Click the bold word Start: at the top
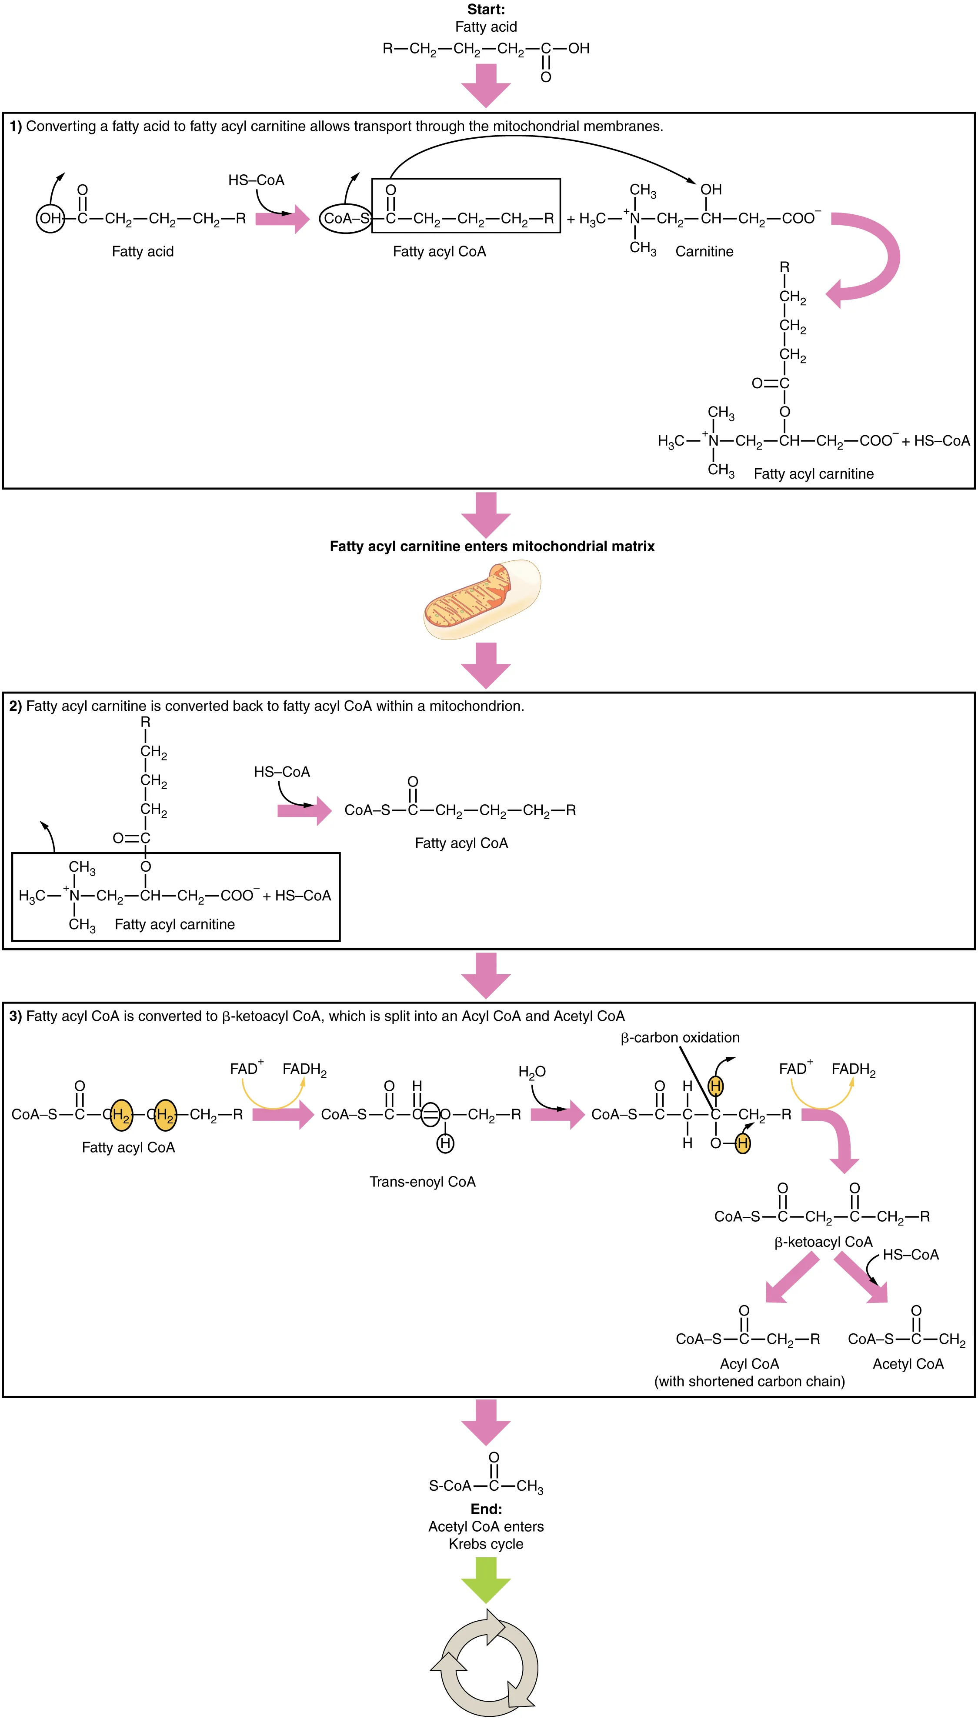[486, 10]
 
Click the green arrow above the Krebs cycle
[486, 1579]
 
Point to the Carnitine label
[704, 251]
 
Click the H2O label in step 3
[531, 1072]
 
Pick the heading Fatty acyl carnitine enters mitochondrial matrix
[492, 546]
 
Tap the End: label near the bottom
[486, 1509]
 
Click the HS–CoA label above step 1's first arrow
[256, 180]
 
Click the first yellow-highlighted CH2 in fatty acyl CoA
[121, 1115]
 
